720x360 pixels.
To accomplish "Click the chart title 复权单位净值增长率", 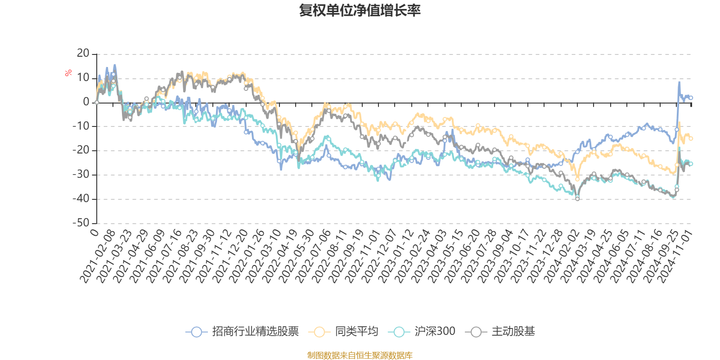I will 360,10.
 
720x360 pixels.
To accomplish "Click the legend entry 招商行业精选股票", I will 255,332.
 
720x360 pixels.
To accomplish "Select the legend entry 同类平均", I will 356,332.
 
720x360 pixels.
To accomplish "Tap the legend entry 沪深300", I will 434,332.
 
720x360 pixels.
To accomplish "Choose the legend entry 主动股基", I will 513,332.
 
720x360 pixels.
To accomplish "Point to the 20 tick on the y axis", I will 83,54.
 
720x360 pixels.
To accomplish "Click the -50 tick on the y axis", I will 81,223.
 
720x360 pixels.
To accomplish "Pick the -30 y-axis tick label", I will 81,175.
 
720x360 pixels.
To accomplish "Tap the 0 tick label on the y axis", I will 86,102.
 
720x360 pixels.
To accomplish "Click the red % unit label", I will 68,73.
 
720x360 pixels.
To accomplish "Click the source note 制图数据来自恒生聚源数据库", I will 360,355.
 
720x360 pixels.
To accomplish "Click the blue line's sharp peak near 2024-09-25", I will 679,82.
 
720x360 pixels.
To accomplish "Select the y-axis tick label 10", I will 83,78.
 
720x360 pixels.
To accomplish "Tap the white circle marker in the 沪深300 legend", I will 399,332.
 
